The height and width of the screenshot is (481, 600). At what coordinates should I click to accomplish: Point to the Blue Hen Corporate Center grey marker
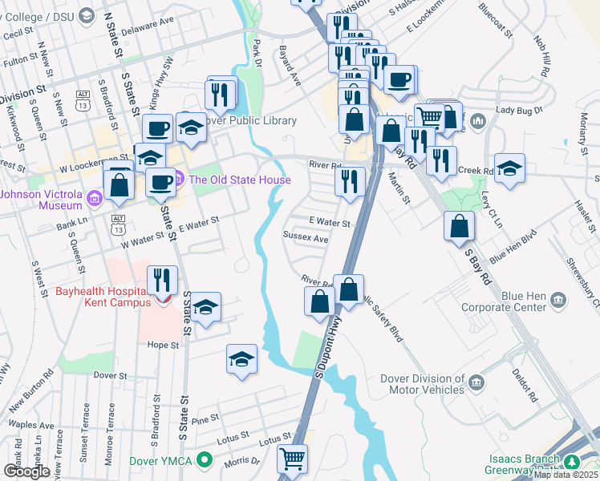(558, 301)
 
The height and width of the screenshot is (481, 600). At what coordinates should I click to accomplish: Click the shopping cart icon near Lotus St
(292, 459)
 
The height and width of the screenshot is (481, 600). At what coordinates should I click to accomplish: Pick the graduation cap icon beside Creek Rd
(509, 169)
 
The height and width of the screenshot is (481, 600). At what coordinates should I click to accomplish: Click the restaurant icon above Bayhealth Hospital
(163, 280)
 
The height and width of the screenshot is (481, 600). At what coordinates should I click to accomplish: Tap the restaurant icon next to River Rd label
(350, 181)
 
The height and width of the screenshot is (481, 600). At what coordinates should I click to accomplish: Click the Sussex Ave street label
(306, 239)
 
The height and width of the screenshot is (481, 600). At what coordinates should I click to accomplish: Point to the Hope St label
(162, 345)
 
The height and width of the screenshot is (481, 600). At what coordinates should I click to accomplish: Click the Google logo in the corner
(26, 471)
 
